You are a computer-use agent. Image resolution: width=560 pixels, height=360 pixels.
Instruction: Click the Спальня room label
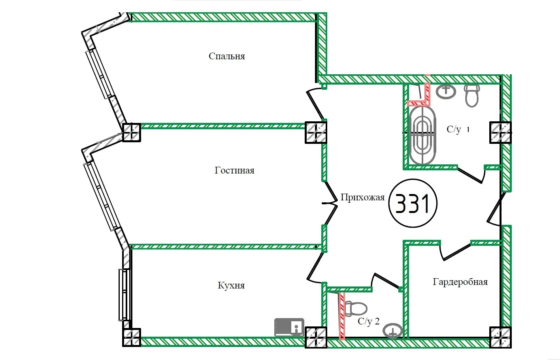pyautogui.click(x=227, y=56)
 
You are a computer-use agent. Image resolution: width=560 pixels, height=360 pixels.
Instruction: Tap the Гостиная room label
pyautogui.click(x=234, y=170)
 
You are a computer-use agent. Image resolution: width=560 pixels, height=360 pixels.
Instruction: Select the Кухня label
pyautogui.click(x=231, y=285)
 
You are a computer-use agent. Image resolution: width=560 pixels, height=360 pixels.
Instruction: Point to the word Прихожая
pyautogui.click(x=362, y=197)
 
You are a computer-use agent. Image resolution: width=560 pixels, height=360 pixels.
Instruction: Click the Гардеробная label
pyautogui.click(x=460, y=282)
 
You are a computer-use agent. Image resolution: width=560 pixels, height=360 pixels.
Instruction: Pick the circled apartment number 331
pyautogui.click(x=413, y=204)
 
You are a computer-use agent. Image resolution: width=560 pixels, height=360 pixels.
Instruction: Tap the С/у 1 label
pyautogui.click(x=458, y=129)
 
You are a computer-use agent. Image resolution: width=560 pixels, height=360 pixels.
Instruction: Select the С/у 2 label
pyautogui.click(x=368, y=321)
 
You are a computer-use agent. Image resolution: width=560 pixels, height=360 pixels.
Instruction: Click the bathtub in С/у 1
pyautogui.click(x=422, y=135)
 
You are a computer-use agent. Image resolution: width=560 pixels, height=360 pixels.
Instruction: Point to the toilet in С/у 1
pyautogui.click(x=471, y=95)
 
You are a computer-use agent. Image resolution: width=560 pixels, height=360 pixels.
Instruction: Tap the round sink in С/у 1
pyautogui.click(x=446, y=91)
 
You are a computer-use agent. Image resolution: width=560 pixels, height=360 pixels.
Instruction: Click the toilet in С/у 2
pyautogui.click(x=356, y=309)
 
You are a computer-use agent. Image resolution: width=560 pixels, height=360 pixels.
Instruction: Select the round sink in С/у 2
pyautogui.click(x=393, y=331)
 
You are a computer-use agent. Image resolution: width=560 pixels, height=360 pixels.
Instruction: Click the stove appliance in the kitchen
pyautogui.click(x=289, y=327)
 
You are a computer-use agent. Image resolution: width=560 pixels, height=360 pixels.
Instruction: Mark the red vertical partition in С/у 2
pyautogui.click(x=341, y=315)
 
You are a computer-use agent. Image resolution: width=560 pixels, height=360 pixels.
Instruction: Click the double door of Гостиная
pyautogui.click(x=330, y=204)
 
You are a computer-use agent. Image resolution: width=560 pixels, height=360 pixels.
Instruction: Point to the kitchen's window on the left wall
pyautogui.click(x=124, y=294)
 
